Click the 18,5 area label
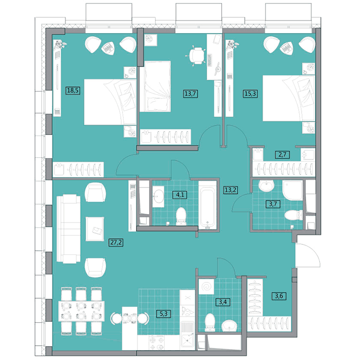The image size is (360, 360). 73,90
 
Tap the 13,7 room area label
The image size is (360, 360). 190,93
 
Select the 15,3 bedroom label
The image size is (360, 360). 250,93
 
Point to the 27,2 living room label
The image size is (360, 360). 116,242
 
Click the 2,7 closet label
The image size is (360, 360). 282,154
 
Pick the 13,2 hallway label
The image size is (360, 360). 231,190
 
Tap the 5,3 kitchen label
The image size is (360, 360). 164,314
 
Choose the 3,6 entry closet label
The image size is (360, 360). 279,296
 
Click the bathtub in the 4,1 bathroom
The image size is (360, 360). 208,205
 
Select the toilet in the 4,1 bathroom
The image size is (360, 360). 180,216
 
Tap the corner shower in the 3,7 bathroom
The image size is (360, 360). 293,190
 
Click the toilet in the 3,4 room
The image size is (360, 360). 210,322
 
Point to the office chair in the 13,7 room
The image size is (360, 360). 196,55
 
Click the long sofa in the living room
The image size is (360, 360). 68,228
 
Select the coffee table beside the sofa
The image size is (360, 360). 95,229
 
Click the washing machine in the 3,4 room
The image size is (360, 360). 207,286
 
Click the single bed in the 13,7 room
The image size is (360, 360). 155,87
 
